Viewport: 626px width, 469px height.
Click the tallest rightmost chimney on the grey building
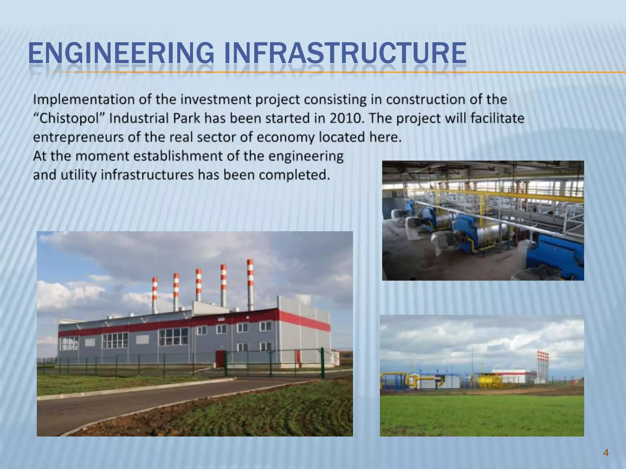coord(250,284)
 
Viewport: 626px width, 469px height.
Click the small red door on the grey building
coord(219,358)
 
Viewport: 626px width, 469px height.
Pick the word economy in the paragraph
coord(285,137)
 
